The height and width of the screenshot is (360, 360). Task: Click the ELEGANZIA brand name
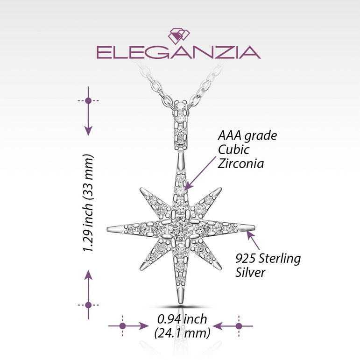coord(178,52)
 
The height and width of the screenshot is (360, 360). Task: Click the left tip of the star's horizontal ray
coord(109,230)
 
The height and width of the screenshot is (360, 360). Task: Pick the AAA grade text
coord(247,136)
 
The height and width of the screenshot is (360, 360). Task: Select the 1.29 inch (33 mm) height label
coord(89,203)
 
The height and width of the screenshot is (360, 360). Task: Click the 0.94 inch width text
coord(182,319)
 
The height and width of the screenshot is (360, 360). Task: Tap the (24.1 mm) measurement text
coord(182,333)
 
